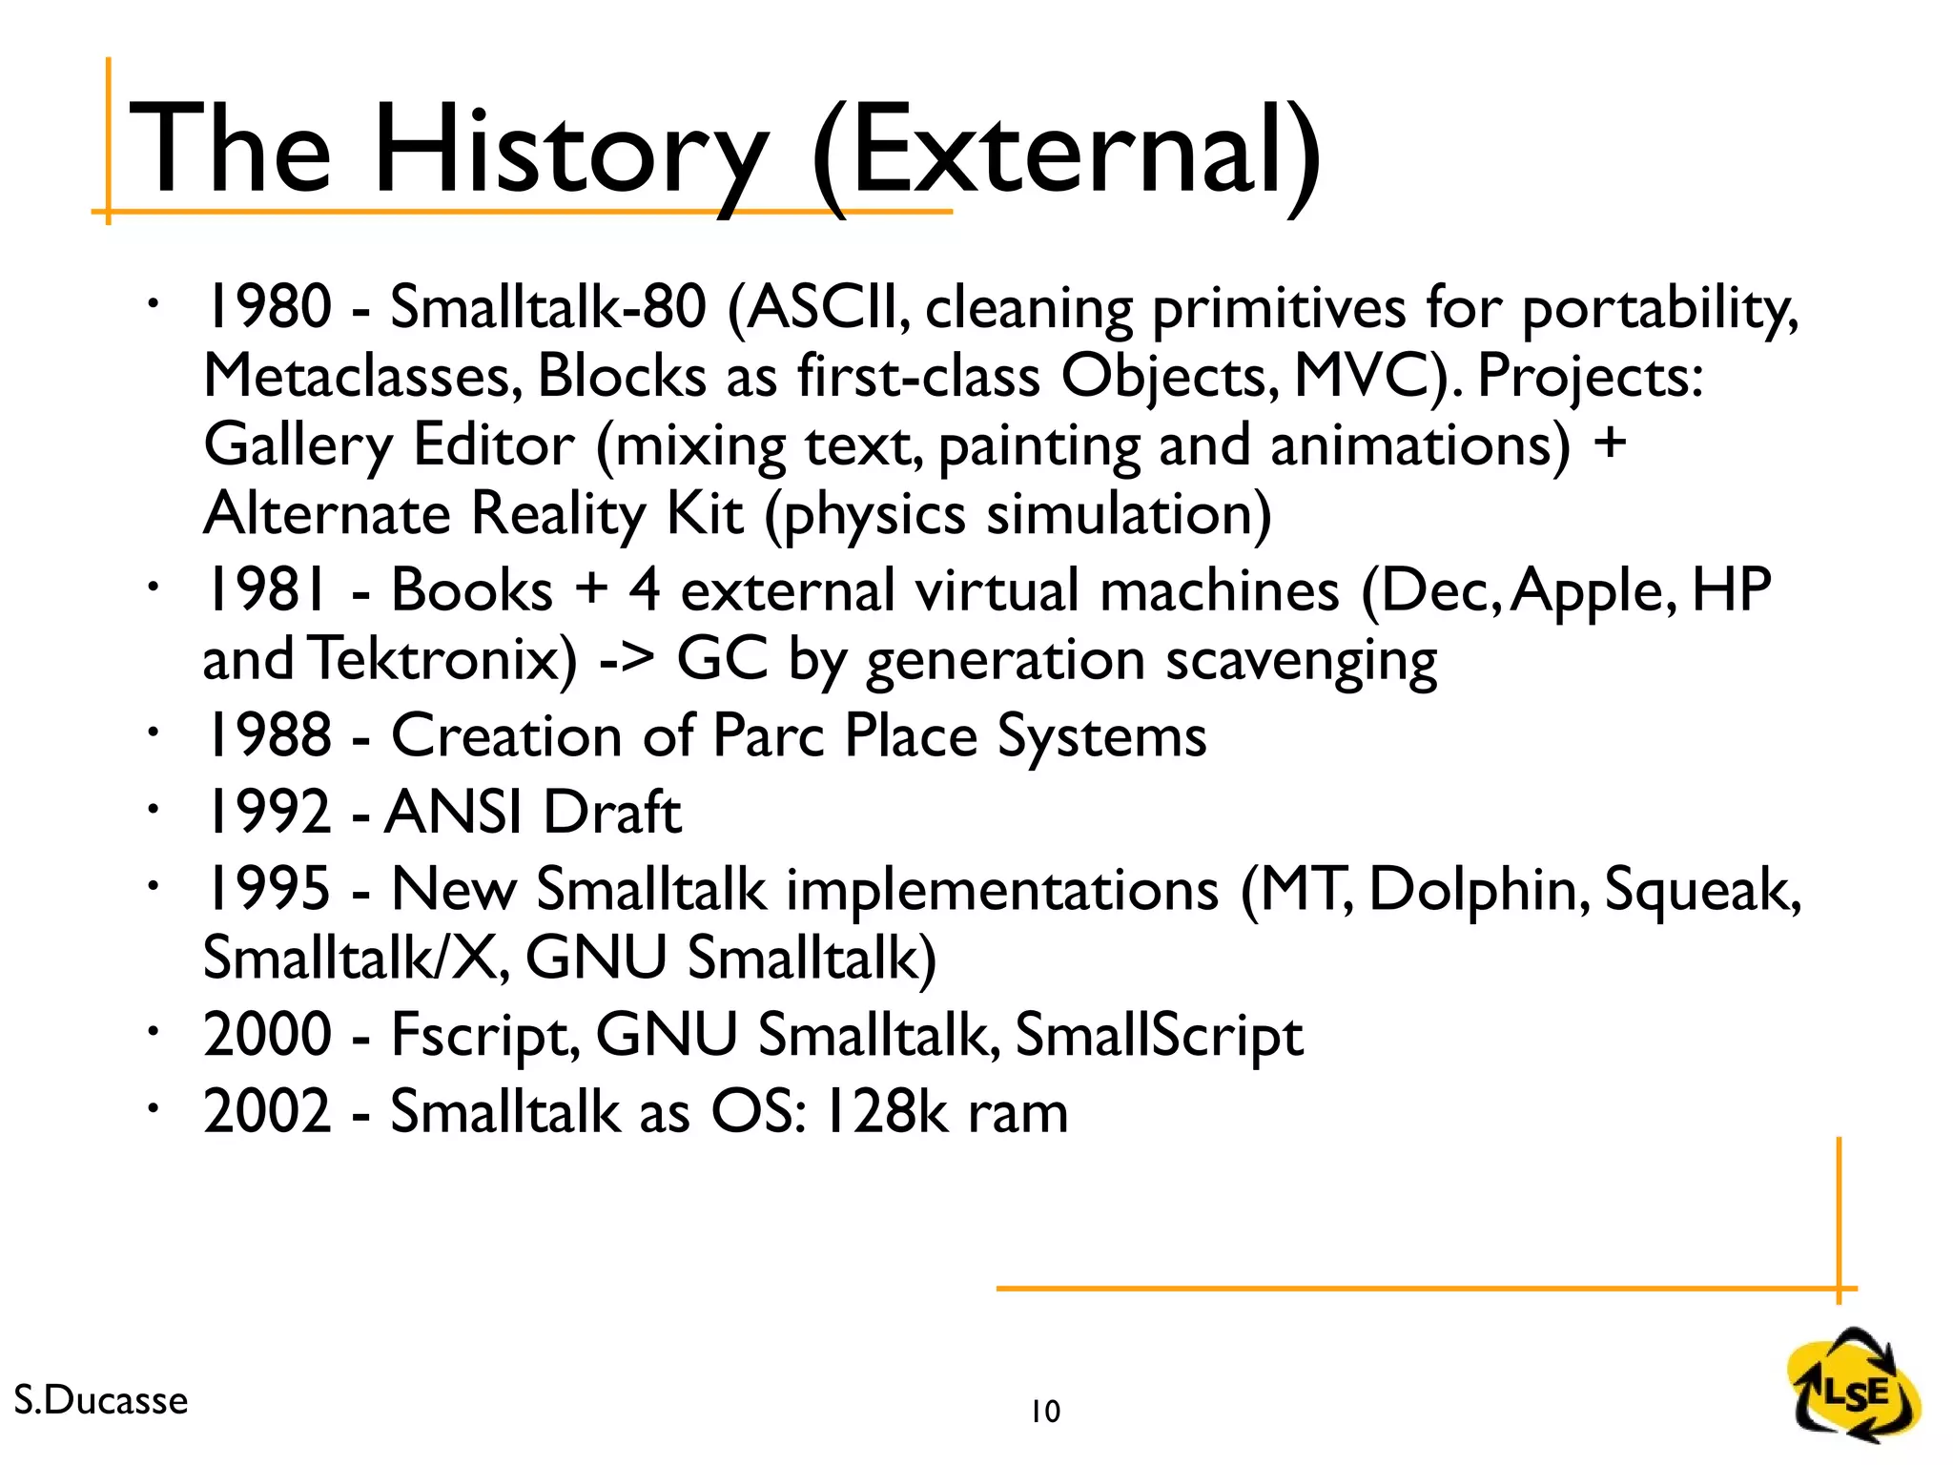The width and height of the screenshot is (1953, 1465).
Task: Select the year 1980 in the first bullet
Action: tap(268, 307)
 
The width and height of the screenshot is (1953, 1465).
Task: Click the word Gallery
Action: tap(298, 445)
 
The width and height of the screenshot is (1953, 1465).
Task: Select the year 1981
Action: tap(268, 589)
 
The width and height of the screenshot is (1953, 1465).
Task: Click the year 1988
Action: tap(268, 735)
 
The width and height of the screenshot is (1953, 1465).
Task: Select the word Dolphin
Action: tap(1479, 889)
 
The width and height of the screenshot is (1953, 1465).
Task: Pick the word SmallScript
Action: tap(1159, 1035)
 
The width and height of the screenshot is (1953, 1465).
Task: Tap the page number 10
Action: tap(1045, 1412)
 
